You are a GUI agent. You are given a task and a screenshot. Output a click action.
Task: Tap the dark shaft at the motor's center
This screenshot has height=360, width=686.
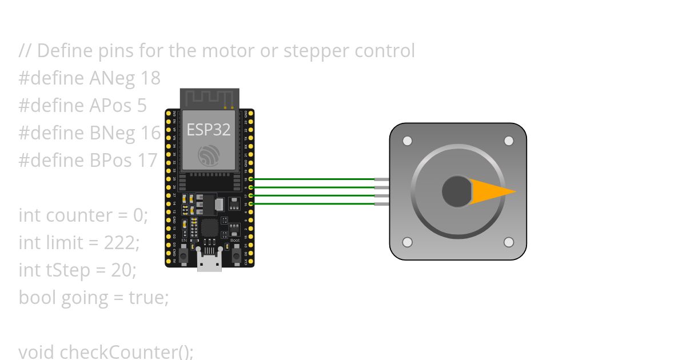point(456,191)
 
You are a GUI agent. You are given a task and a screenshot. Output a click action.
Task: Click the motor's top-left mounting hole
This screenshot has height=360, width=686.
point(407,141)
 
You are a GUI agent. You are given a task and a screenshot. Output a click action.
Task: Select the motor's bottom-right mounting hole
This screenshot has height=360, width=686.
point(508,242)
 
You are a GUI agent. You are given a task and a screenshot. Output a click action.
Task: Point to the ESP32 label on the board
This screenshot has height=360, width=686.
point(209,129)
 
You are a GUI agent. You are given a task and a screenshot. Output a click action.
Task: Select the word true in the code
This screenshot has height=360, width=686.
point(146,298)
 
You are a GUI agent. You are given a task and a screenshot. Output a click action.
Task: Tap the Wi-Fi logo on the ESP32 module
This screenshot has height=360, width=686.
point(209,155)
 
